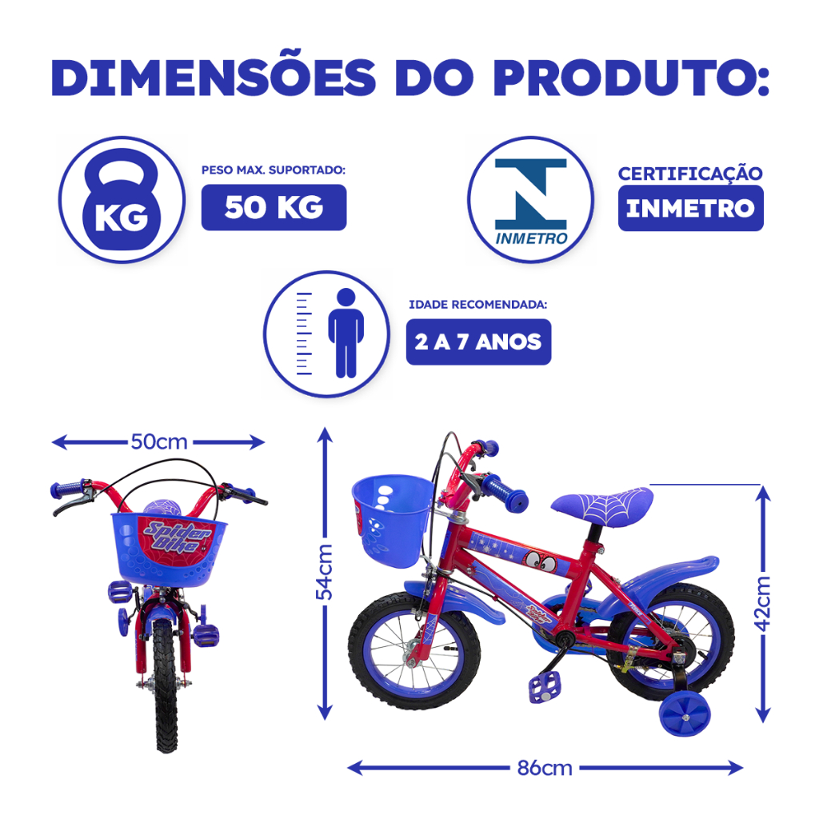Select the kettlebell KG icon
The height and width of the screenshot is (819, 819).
(122, 199)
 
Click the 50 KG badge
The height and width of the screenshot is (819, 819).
(274, 207)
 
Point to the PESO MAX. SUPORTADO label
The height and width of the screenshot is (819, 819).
(274, 170)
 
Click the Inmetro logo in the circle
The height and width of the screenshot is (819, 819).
(531, 201)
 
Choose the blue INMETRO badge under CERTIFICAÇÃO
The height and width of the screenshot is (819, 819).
(690, 208)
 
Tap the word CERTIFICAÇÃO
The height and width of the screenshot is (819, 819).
(690, 173)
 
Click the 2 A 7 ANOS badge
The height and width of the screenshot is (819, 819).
(478, 342)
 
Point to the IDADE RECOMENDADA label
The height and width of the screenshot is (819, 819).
(478, 305)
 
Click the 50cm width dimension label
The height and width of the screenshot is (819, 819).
(159, 441)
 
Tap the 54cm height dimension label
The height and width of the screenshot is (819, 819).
(325, 572)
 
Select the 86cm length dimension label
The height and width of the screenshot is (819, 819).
(545, 769)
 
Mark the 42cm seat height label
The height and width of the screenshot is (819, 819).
(762, 603)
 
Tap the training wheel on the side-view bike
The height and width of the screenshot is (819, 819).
(685, 714)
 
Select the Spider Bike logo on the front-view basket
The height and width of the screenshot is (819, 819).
(178, 537)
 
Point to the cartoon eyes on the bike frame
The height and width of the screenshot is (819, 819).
(541, 561)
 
